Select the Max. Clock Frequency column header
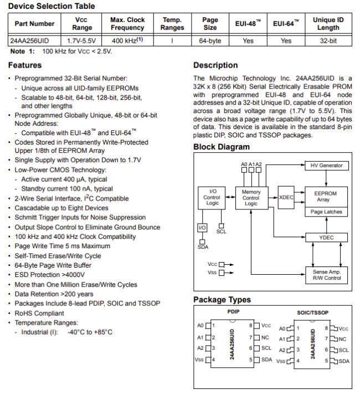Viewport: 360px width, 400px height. coord(127,24)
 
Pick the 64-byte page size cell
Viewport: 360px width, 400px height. coord(210,41)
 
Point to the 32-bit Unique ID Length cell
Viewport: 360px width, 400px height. coord(328,41)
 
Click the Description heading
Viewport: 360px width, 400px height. coord(215,65)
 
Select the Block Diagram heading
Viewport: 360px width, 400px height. coord(222,147)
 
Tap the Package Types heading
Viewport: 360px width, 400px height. coord(222,300)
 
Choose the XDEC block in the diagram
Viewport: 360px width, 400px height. coord(286,198)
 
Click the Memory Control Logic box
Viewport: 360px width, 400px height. coord(251,198)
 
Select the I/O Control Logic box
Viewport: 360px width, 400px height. coord(212,198)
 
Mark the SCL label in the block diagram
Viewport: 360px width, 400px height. coord(222,231)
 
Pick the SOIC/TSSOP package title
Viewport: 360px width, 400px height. coord(313,312)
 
